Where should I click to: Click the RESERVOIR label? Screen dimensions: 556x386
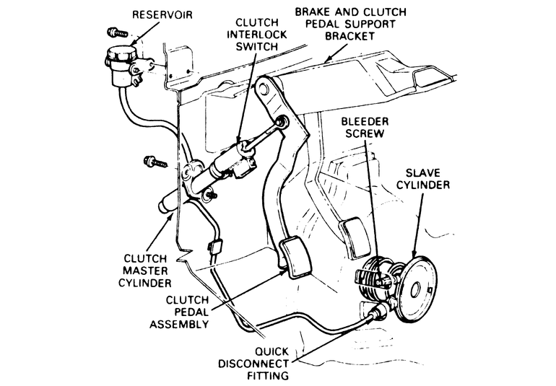point(162,15)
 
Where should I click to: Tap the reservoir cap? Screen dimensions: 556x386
point(122,55)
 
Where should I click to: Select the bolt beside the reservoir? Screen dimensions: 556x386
point(118,32)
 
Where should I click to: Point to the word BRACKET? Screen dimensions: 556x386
point(350,36)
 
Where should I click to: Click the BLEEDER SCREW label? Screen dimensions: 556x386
point(365,128)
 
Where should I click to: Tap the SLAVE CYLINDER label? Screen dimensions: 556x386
point(423,179)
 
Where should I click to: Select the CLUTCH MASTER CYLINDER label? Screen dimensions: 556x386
point(145,271)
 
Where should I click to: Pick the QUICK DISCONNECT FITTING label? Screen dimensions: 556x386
point(253,364)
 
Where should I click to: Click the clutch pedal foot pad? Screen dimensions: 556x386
point(295,257)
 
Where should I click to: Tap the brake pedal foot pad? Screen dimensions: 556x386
point(356,238)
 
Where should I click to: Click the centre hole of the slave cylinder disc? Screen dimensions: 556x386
point(416,290)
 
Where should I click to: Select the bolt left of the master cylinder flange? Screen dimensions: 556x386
point(155,162)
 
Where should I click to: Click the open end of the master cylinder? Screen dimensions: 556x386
point(164,206)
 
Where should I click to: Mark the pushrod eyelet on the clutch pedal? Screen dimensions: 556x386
point(282,122)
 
